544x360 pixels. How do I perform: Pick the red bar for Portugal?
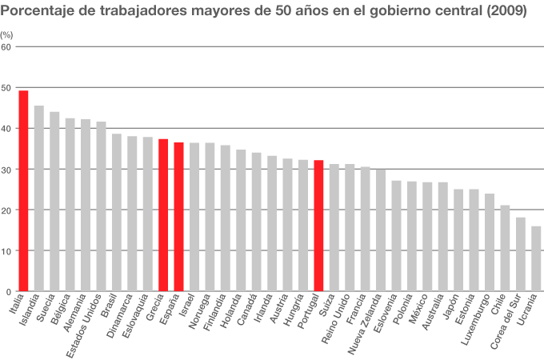(x=318, y=225)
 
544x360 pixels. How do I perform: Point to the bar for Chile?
(x=505, y=248)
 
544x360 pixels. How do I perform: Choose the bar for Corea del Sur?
(x=521, y=254)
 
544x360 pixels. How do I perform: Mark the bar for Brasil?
(x=117, y=212)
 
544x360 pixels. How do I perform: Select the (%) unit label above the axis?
(x=6, y=35)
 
